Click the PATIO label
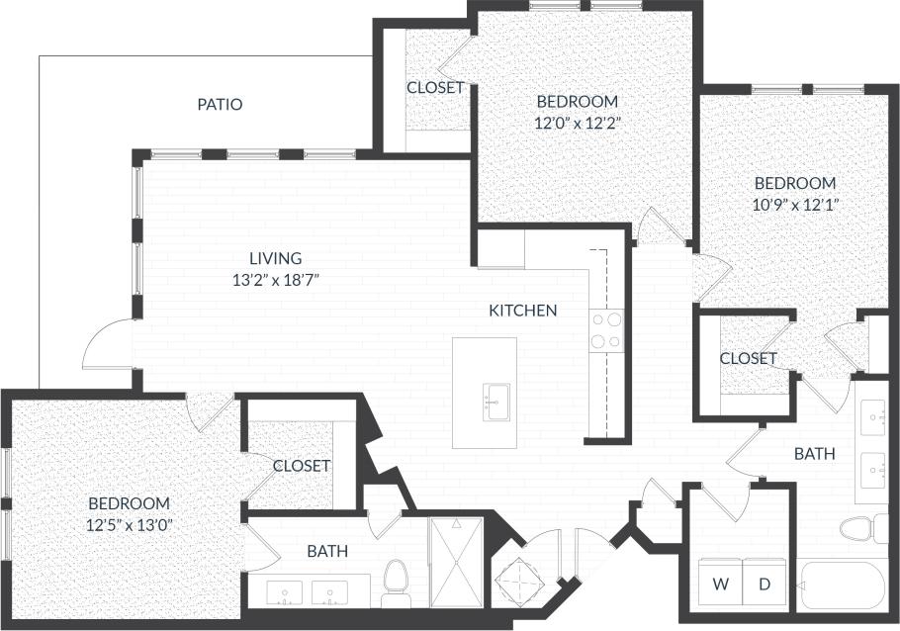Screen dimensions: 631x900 click(x=220, y=104)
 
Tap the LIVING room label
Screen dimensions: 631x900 click(x=276, y=258)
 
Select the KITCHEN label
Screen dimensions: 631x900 click(x=523, y=311)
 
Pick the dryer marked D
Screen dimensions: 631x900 click(x=765, y=585)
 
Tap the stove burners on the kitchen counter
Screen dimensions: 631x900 click(x=604, y=330)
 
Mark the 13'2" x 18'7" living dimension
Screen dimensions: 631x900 click(x=276, y=280)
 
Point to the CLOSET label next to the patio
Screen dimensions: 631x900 click(x=435, y=88)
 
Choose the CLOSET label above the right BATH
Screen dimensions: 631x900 click(x=748, y=358)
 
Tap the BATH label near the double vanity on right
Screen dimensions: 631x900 click(x=815, y=454)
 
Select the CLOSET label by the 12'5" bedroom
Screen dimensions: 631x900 click(x=301, y=466)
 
